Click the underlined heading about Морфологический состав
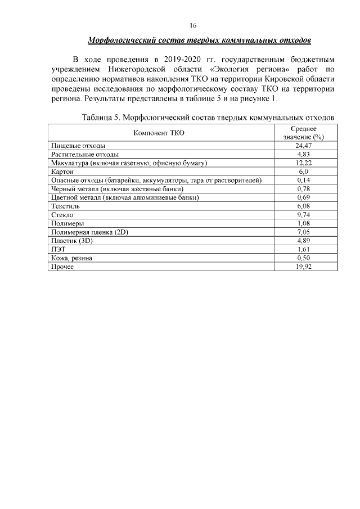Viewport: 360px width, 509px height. (x=200, y=41)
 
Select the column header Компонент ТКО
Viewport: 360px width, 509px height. (x=159, y=133)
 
